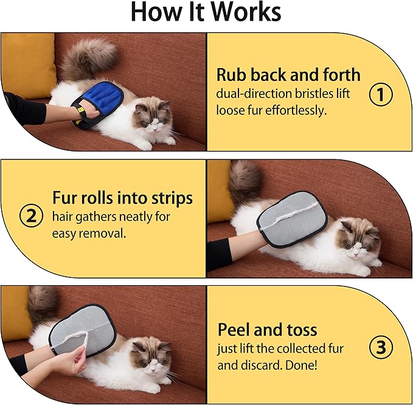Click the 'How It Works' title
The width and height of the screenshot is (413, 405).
(206, 13)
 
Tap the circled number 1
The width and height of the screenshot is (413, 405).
(381, 94)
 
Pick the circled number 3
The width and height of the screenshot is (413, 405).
(381, 347)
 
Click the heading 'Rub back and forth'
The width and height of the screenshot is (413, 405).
(288, 75)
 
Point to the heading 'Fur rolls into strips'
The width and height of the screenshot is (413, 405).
(122, 198)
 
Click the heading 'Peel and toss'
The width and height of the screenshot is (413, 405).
(267, 330)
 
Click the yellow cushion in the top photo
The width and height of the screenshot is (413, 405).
(27, 64)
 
